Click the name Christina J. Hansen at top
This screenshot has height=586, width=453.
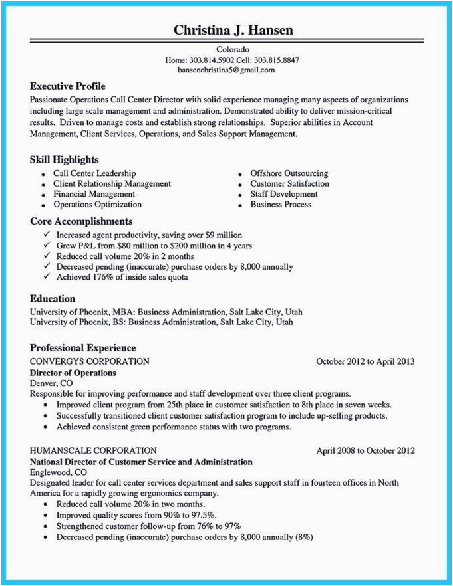tap(233, 30)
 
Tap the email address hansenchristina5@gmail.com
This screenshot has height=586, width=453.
tap(226, 70)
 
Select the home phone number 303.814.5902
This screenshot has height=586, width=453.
tap(211, 60)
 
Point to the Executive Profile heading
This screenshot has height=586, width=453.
tap(68, 86)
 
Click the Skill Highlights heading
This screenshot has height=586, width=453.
tap(65, 159)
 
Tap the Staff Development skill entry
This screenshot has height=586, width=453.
tap(284, 194)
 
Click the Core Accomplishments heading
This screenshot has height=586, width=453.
tap(81, 221)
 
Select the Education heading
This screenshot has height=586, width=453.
tap(53, 298)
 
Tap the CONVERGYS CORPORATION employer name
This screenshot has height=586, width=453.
tap(90, 361)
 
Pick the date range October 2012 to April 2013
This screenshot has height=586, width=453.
tap(365, 361)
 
